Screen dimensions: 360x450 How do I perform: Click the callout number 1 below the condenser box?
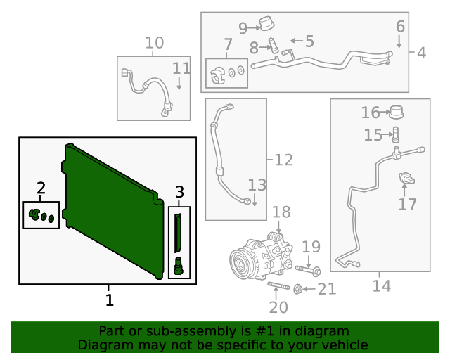click(109, 300)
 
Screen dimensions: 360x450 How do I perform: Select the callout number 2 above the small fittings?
click(41, 188)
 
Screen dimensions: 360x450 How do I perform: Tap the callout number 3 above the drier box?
click(179, 191)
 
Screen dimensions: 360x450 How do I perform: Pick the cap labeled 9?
click(266, 25)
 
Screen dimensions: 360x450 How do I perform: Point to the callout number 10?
click(154, 43)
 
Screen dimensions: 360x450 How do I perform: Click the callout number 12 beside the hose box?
click(283, 160)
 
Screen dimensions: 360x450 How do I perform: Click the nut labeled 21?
click(298, 288)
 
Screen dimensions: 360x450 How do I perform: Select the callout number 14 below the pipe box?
click(381, 286)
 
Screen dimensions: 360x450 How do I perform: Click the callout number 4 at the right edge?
click(420, 53)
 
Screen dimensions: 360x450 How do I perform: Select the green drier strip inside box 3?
click(179, 233)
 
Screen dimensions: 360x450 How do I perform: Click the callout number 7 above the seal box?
click(227, 47)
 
